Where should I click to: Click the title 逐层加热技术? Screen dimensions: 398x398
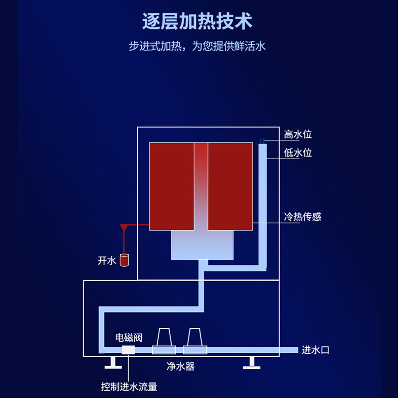[198, 22]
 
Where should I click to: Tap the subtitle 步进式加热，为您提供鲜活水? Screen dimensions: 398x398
[198, 47]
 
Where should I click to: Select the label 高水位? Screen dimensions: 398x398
[298, 134]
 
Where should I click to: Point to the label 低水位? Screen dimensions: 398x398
[298, 153]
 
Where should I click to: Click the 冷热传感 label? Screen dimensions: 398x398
[302, 217]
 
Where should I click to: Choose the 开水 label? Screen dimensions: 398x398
[106, 261]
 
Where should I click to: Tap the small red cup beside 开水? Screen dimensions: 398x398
[124, 260]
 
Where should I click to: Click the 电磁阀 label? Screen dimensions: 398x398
[129, 338]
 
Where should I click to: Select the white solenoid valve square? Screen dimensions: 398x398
[128, 350]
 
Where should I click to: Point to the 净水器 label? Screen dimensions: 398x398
[180, 367]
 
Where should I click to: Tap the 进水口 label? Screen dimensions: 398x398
[315, 350]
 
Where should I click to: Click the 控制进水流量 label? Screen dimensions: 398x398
[129, 387]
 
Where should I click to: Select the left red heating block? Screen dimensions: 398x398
[171, 187]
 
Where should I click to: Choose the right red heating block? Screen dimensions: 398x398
[230, 187]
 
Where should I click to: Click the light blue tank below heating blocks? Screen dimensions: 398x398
[202, 245]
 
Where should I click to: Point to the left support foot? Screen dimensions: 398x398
[113, 363]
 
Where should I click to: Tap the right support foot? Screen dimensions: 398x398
[251, 363]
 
